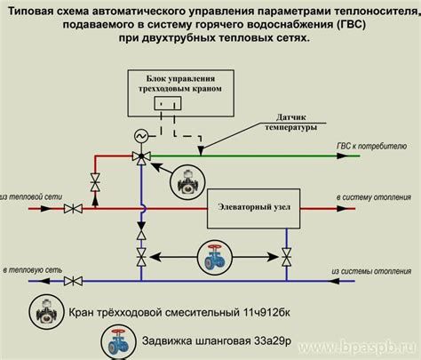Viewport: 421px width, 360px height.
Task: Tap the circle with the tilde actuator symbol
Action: coord(140,136)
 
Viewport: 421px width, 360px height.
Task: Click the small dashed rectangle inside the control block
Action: coord(162,104)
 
